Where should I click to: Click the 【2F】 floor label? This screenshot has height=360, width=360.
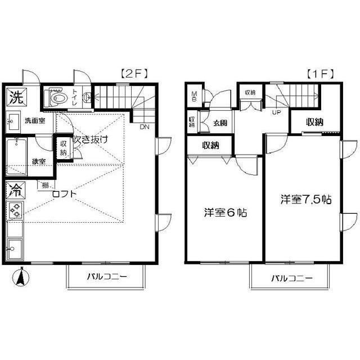[x=133, y=73]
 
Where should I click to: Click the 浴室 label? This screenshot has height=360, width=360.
[x=39, y=161]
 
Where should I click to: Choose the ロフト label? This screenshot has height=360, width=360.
[x=63, y=195]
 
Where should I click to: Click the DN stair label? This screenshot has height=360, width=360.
[x=145, y=127]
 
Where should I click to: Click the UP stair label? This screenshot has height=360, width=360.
[x=277, y=112]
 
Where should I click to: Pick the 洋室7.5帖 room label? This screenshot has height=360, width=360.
[x=307, y=200]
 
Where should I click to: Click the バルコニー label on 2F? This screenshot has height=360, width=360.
[x=107, y=276]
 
